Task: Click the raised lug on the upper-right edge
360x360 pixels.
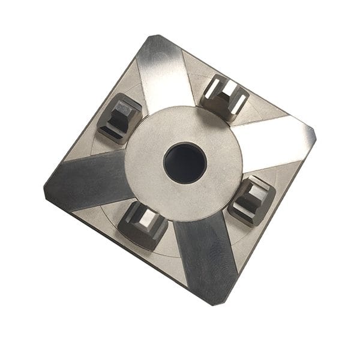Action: pos(225,96)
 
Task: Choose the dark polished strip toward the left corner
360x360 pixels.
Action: pos(90,180)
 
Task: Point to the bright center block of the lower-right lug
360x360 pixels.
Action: pos(253,196)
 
